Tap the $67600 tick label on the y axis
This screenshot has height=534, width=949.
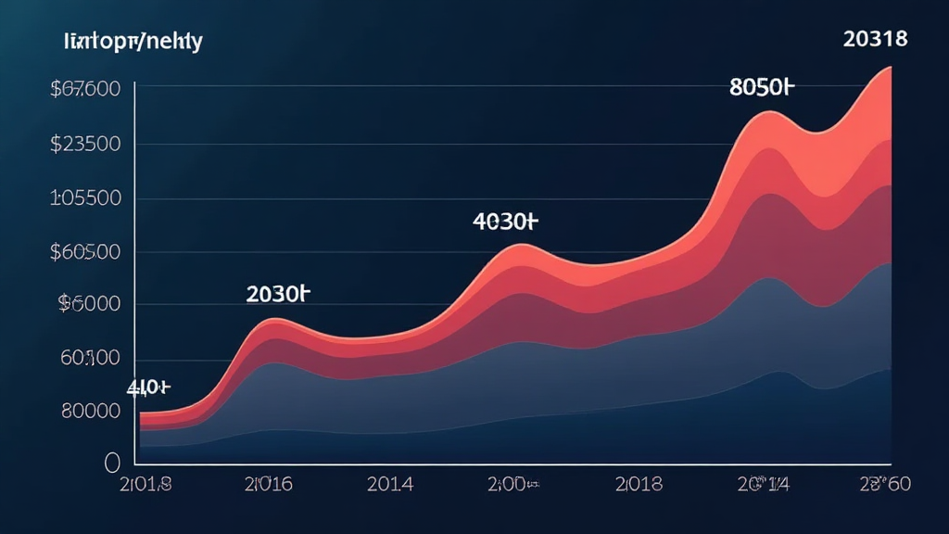[x=86, y=90]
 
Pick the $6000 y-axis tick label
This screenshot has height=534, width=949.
[x=89, y=304]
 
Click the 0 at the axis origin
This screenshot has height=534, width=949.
[x=113, y=462]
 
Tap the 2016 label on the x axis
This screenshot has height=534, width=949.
[x=269, y=483]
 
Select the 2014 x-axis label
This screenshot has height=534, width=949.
[x=390, y=483]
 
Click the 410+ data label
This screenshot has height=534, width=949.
[x=149, y=388]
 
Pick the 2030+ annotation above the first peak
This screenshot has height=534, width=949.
[x=277, y=295]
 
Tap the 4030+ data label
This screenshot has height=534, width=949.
[x=504, y=222]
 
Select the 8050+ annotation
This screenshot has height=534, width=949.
[x=763, y=88]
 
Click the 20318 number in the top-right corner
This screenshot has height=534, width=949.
[x=876, y=39]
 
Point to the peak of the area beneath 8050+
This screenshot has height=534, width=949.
[x=768, y=112]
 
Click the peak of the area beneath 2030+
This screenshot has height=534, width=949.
[x=275, y=319]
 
